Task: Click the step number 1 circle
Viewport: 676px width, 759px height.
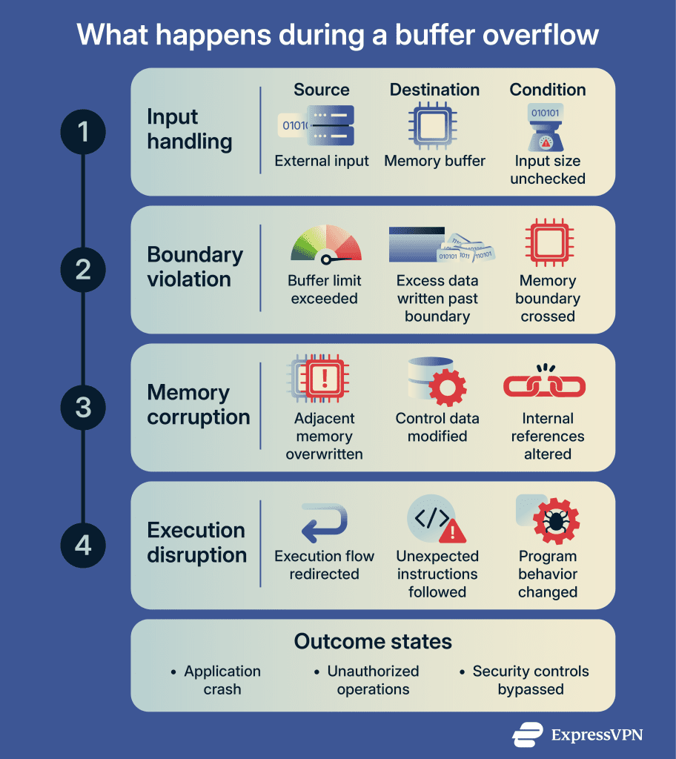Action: (x=83, y=132)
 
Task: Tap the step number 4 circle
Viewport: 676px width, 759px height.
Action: (x=83, y=546)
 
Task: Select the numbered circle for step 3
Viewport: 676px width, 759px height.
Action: (x=83, y=408)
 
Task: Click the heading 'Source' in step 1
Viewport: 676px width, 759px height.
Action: (x=321, y=90)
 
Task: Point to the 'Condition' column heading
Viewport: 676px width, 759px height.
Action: (x=548, y=90)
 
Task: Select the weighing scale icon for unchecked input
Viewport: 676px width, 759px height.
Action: (x=547, y=126)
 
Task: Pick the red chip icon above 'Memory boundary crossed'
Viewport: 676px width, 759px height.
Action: (x=547, y=245)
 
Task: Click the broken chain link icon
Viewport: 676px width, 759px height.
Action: (x=544, y=383)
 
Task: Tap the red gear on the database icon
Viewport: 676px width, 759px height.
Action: (x=448, y=387)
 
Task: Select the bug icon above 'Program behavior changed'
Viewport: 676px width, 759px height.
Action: (x=554, y=522)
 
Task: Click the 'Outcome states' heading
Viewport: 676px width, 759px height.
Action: (x=373, y=641)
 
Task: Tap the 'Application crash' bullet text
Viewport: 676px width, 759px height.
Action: (x=222, y=680)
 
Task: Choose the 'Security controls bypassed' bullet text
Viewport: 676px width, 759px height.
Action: (x=531, y=680)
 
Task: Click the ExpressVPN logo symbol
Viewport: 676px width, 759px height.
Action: (x=528, y=734)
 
